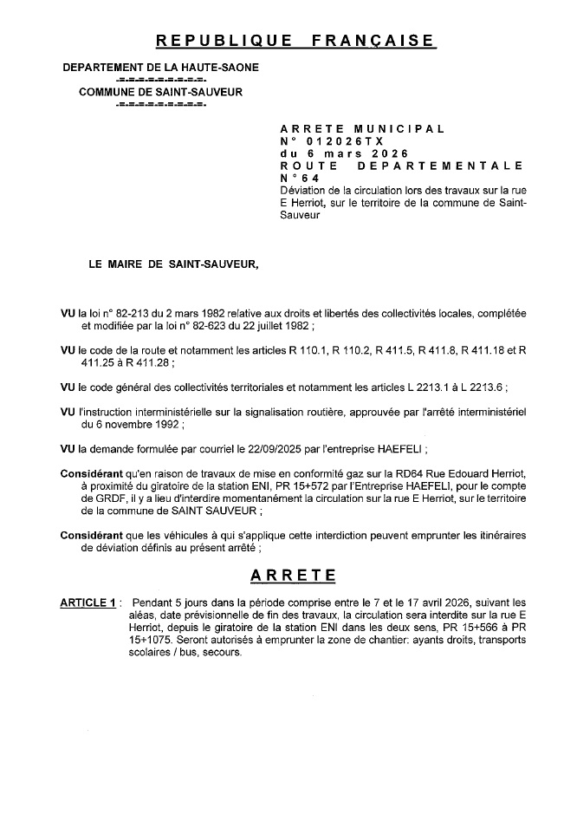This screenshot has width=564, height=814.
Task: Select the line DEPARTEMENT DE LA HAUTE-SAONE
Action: (160, 68)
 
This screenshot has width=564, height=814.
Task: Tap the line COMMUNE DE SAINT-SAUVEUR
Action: (160, 92)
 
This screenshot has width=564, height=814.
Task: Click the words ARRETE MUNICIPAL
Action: (362, 128)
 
